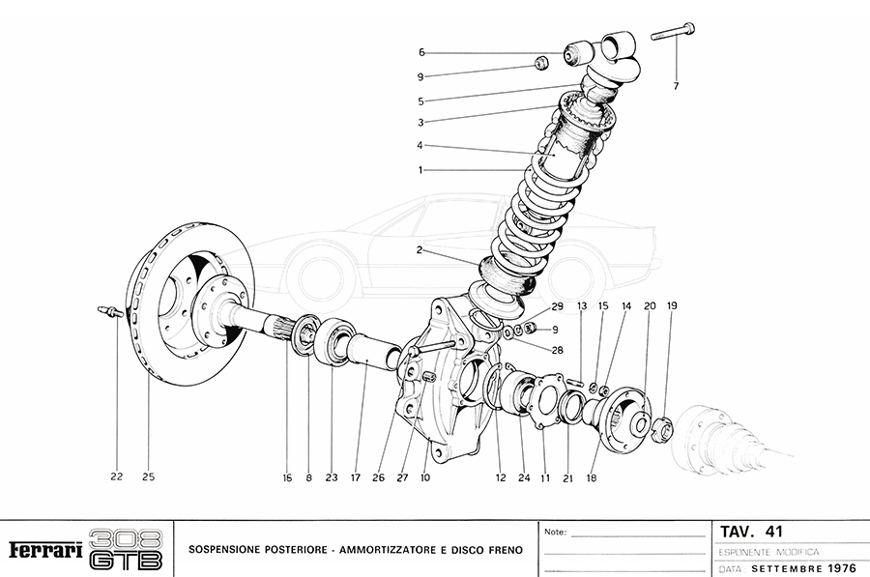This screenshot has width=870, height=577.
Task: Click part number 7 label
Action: coord(676,87)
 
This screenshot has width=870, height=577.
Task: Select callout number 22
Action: coord(116,476)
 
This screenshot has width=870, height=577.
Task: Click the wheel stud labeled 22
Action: coord(111,311)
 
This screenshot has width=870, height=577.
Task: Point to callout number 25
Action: coord(148,476)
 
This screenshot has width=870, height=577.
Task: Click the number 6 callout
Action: coord(421,52)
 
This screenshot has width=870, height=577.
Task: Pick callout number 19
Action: coord(672,306)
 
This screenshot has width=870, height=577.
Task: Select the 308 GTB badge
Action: coord(126,549)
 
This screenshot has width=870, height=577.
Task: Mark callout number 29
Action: coord(557,306)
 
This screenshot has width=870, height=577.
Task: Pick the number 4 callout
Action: coord(421,146)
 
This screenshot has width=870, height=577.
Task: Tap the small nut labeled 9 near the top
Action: coord(542,64)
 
